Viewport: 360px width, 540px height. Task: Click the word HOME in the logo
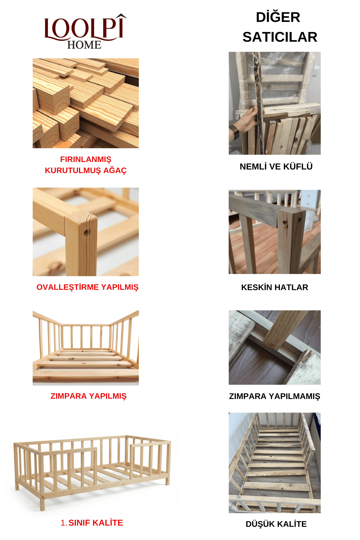click(84, 45)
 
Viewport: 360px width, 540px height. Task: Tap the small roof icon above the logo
click(121, 16)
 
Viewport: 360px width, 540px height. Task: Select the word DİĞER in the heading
click(278, 17)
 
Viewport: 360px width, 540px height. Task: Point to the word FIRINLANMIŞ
click(85, 159)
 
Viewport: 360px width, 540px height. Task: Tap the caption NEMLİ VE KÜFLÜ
click(276, 167)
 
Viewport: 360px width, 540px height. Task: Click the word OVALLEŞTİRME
click(68, 287)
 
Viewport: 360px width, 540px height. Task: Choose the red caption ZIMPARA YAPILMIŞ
click(88, 396)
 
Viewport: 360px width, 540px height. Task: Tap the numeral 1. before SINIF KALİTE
click(64, 523)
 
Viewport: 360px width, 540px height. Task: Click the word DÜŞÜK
click(259, 524)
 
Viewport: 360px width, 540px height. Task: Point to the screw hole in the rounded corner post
click(87, 232)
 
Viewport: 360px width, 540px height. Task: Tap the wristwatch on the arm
click(235, 132)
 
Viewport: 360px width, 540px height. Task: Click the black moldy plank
click(258, 99)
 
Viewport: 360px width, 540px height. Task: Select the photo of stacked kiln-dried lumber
click(85, 103)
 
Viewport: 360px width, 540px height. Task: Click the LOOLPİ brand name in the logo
click(84, 28)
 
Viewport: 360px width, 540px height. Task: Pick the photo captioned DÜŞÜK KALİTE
click(274, 463)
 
